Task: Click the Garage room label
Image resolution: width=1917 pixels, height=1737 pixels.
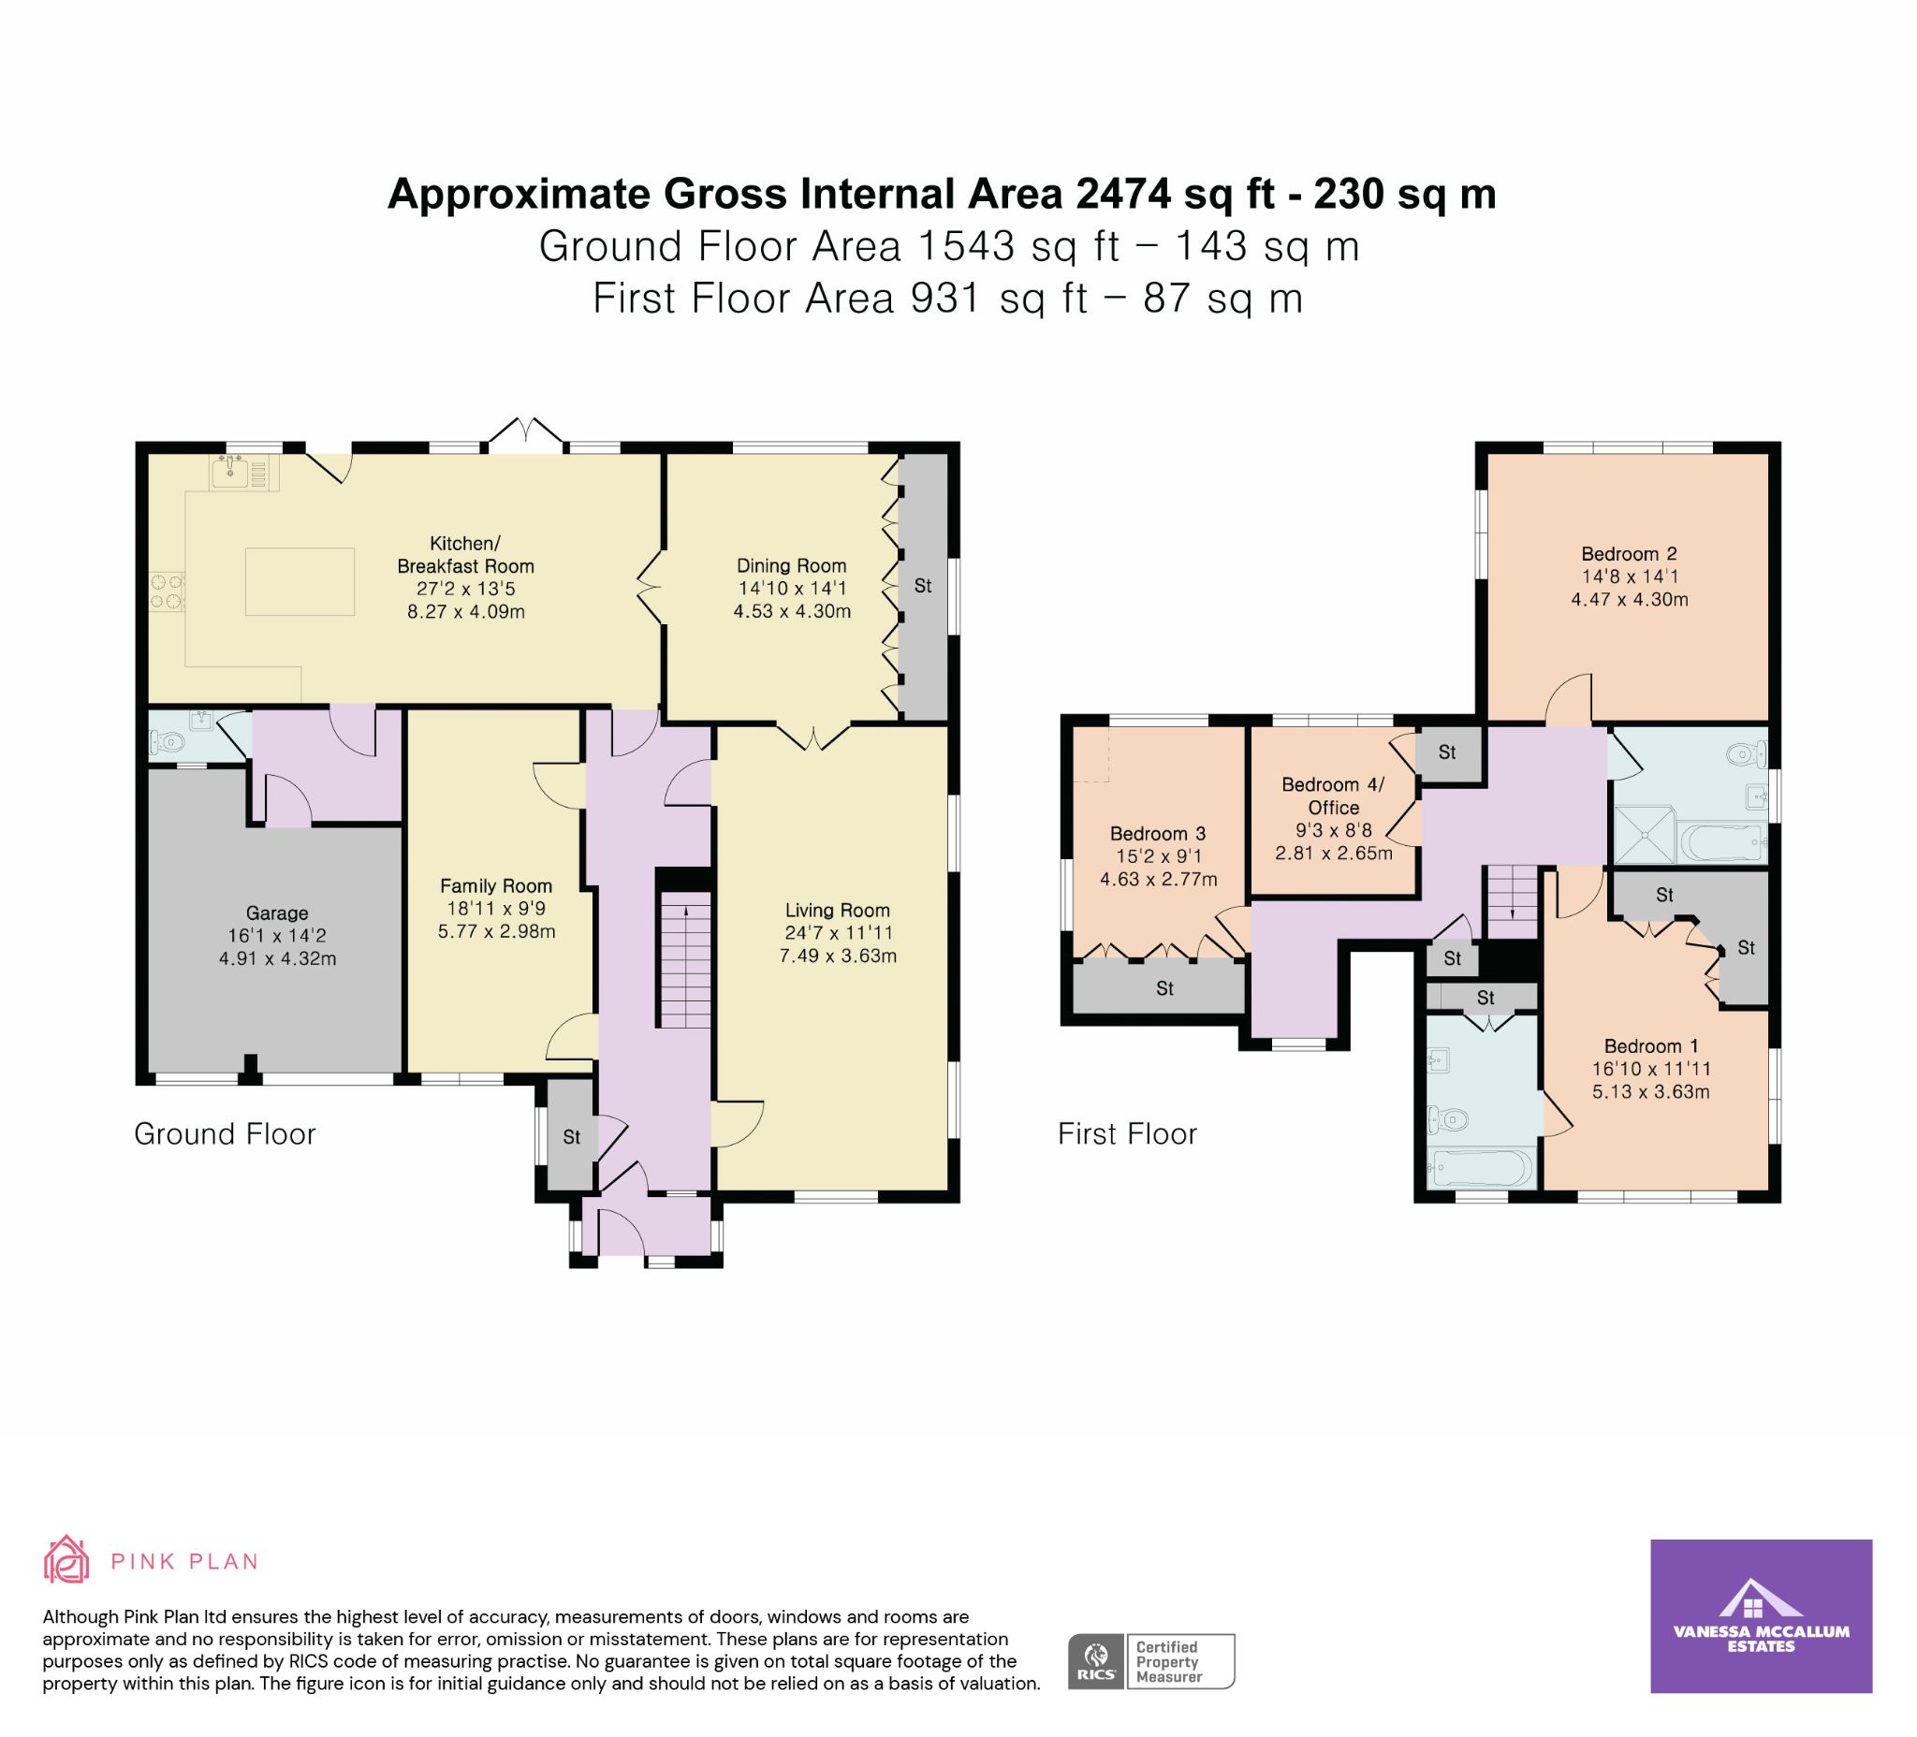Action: (277, 912)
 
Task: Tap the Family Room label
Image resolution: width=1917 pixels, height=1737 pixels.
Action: (495, 885)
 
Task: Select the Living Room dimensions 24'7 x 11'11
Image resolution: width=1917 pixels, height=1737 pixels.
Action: (838, 933)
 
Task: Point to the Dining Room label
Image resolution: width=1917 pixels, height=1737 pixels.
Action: (791, 565)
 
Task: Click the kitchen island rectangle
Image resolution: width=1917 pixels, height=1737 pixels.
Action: (300, 581)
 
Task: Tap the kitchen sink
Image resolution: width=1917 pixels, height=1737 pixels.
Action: (231, 471)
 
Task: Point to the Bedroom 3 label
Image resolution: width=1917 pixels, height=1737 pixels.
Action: (1157, 834)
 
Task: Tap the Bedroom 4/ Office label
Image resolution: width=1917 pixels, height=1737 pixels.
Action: (1333, 796)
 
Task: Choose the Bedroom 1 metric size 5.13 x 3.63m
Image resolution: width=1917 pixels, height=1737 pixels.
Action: (1651, 1091)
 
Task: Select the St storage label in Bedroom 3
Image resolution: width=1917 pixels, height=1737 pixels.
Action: (1164, 989)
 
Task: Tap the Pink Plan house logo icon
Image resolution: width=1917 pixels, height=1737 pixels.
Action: (66, 1559)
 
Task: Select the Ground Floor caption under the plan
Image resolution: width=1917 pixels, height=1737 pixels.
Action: (225, 1133)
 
